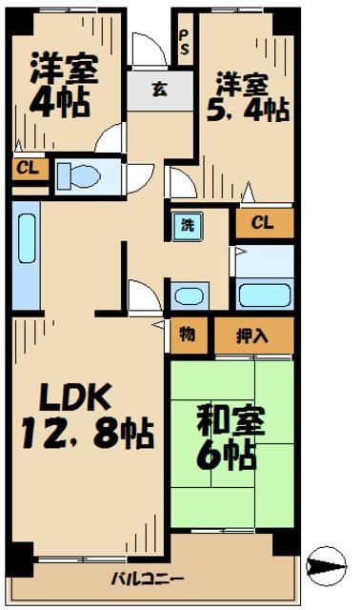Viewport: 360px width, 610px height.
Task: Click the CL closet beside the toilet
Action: (x=26, y=170)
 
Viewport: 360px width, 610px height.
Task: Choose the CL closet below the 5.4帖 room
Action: (x=265, y=223)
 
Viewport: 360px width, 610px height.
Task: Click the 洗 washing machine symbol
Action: (x=187, y=226)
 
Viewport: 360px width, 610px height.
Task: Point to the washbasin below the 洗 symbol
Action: (x=187, y=295)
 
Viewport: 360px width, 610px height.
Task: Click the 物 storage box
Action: (x=187, y=335)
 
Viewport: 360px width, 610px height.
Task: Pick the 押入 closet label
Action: (x=251, y=335)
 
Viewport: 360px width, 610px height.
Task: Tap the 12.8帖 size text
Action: (x=86, y=437)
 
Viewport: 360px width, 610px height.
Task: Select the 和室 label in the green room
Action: (x=230, y=419)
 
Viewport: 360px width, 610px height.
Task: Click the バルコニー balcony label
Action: (x=147, y=579)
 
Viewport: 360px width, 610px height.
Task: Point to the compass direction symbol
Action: (x=330, y=566)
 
